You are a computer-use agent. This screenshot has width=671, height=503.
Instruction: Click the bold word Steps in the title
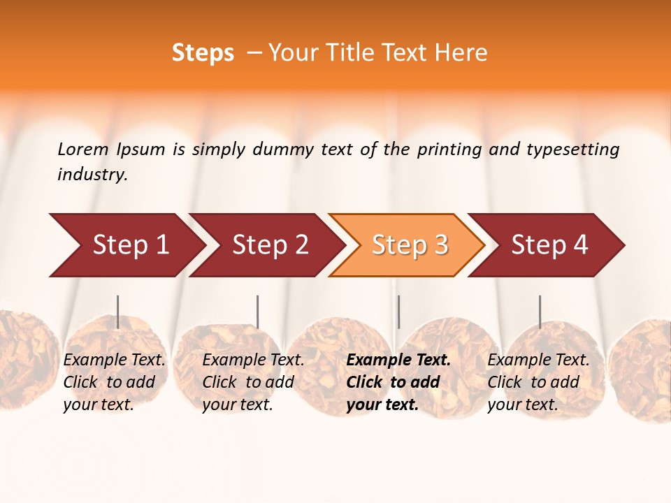coord(203,53)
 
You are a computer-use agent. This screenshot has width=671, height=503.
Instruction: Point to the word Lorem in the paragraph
coord(83,150)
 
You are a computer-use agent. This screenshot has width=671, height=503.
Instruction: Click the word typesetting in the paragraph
coord(572,150)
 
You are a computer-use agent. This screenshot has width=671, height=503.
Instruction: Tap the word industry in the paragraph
coord(92,175)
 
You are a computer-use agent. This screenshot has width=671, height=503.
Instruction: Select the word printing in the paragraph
coord(449,150)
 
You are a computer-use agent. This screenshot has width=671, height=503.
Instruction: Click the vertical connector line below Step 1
coord(118,312)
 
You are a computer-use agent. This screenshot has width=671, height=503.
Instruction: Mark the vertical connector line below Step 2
coord(258,312)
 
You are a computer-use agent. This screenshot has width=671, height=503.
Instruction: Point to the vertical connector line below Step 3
coord(398,312)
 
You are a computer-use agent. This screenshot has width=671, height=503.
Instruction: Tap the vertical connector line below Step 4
coord(540,312)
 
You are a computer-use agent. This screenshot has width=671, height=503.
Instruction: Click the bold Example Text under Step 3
coord(398,360)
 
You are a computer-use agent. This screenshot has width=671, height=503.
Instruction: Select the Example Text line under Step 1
coord(115,360)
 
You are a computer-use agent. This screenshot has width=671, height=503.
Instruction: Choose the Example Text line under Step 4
coord(538,360)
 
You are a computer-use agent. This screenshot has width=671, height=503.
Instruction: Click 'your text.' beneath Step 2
coord(238,404)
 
